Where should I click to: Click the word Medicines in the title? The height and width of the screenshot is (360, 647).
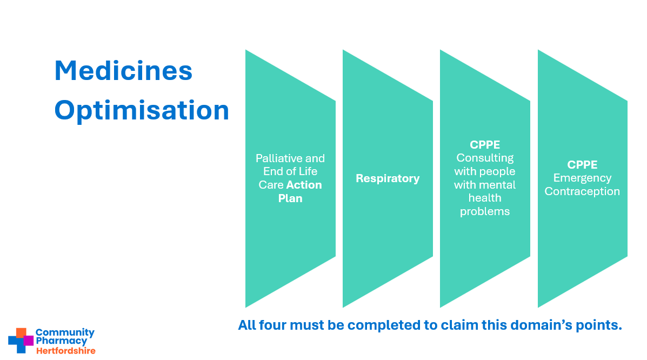click(123, 71)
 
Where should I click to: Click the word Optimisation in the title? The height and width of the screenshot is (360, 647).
click(142, 111)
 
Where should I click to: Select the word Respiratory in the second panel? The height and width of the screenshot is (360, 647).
click(388, 179)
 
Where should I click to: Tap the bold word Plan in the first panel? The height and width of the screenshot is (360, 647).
click(290, 198)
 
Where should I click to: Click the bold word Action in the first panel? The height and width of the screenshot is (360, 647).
click(304, 184)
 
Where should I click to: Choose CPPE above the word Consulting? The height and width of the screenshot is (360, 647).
click(485, 145)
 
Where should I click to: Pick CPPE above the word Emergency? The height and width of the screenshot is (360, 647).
click(582, 165)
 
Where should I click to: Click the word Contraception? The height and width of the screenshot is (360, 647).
click(582, 191)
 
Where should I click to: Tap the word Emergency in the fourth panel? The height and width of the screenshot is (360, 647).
click(582, 178)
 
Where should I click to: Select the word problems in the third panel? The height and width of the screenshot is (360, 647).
click(485, 212)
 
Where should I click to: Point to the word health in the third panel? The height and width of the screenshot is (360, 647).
click(485, 198)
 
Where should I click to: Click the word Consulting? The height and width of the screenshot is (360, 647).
click(485, 158)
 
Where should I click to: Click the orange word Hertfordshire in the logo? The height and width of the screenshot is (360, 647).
click(65, 351)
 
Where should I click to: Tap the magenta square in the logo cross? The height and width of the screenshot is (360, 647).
click(28, 341)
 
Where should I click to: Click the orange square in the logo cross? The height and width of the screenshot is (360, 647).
click(21, 333)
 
